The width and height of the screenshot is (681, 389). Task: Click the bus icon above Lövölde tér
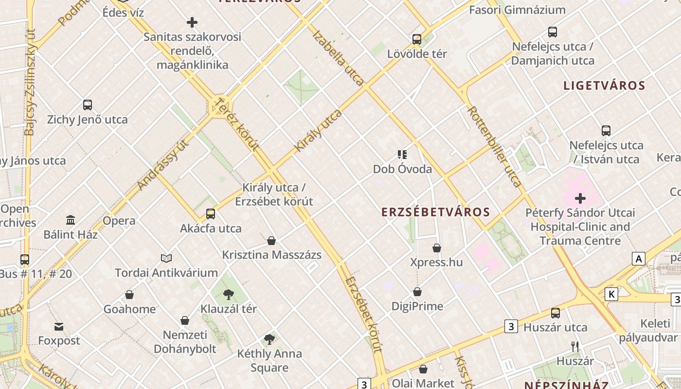pyautogui.click(x=417, y=39)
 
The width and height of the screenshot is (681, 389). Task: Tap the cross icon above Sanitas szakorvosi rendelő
pyautogui.click(x=192, y=22)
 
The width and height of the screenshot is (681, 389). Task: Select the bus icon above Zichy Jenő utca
pyautogui.click(x=88, y=105)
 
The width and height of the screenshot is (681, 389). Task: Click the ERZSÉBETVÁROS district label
pyautogui.click(x=435, y=212)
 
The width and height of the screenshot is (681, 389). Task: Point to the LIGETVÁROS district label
pyautogui.click(x=604, y=86)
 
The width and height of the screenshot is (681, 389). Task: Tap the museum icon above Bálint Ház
pyautogui.click(x=71, y=220)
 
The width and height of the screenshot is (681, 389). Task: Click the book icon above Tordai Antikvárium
pyautogui.click(x=166, y=258)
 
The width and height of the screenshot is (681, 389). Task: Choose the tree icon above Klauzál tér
pyautogui.click(x=228, y=294)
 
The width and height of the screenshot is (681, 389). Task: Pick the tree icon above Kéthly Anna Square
pyautogui.click(x=269, y=339)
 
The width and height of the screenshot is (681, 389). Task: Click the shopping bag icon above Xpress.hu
pyautogui.click(x=437, y=248)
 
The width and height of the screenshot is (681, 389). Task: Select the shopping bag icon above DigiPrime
pyautogui.click(x=417, y=292)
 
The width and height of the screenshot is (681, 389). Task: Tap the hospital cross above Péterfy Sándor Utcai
pyautogui.click(x=580, y=198)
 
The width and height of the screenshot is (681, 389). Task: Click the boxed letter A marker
pyautogui.click(x=639, y=259)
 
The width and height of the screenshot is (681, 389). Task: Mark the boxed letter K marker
pyautogui.click(x=611, y=294)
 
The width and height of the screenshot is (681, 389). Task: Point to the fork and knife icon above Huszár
pyautogui.click(x=575, y=346)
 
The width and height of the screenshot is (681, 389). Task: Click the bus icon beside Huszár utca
pyautogui.click(x=556, y=313)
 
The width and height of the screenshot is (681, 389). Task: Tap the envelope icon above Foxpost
pyautogui.click(x=59, y=326)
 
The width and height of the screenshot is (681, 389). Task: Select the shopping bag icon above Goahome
pyautogui.click(x=129, y=295)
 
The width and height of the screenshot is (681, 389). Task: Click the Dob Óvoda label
pyautogui.click(x=402, y=169)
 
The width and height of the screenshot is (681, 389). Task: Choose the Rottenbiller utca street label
pyautogui.click(x=494, y=146)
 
